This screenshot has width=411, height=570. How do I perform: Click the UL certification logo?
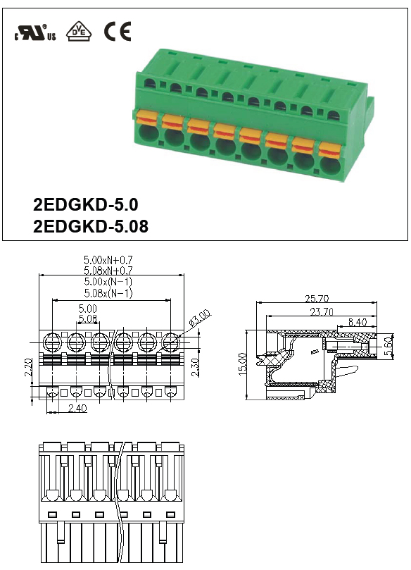click(x=35, y=32)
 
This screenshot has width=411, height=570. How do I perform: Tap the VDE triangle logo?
click(x=79, y=31)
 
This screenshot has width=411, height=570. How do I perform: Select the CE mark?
click(x=118, y=31)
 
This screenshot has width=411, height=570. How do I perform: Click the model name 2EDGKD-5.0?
click(x=85, y=204)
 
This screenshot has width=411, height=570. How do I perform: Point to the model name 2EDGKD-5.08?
click(x=91, y=226)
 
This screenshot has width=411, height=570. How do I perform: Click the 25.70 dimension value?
click(x=317, y=299)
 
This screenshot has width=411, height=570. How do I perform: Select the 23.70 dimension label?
click(x=322, y=312)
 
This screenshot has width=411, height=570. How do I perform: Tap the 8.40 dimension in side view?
click(x=358, y=322)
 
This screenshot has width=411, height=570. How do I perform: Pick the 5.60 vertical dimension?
click(x=388, y=347)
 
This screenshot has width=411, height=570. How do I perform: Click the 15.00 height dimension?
click(x=243, y=364)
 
